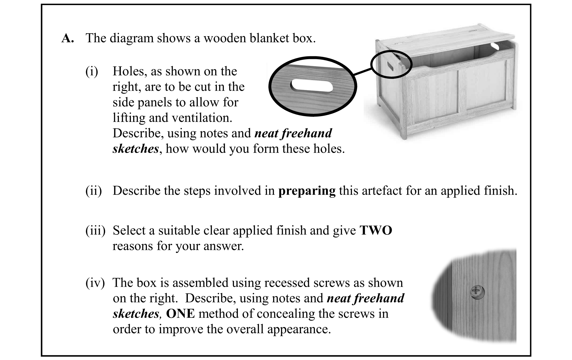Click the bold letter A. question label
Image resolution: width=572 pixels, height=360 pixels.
tap(68, 38)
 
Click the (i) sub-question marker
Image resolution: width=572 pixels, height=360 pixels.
tap(92, 71)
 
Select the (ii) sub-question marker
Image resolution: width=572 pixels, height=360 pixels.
tap(93, 191)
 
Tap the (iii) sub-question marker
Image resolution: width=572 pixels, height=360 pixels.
tap(95, 231)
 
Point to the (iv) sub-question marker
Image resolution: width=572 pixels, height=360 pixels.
tap(95, 283)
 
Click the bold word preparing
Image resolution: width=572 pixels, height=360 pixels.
tap(307, 191)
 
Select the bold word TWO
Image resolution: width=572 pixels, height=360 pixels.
tap(376, 231)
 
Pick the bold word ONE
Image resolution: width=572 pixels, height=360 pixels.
tap(180, 314)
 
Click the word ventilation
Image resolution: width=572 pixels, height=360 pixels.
tap(202, 118)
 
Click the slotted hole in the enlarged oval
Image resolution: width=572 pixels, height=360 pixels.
tap(311, 86)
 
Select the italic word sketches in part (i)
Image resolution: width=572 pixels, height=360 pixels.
tap(135, 149)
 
